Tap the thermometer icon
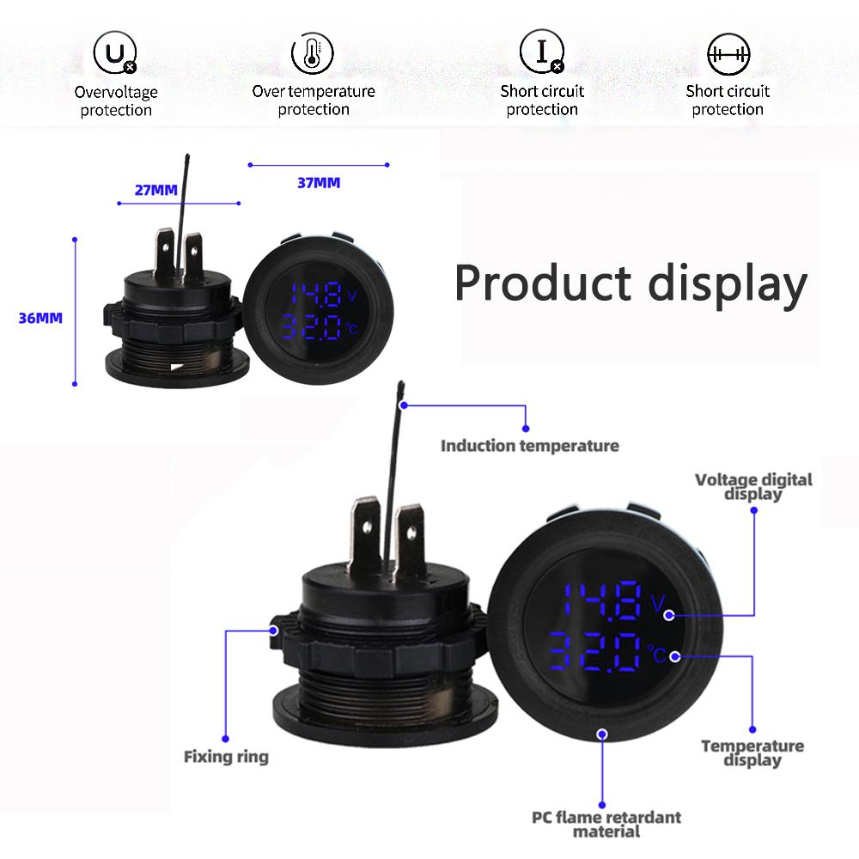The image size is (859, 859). pos(313,54)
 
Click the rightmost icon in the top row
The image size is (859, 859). pos(728,53)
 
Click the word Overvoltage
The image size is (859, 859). pos(116,92)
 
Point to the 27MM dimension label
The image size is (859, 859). pos(155,189)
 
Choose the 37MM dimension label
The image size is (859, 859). pos(319,182)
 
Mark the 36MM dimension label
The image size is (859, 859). pos(40,318)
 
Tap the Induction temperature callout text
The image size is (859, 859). pos(529,446)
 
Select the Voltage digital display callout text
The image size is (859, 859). pos(753,486)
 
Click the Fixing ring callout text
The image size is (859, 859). pos(226,757)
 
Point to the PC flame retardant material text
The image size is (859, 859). pos(606,823)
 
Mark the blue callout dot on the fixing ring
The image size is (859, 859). pos(274,630)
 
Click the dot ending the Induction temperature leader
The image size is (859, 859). pos(526,427)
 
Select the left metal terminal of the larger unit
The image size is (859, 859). pos(365,535)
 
